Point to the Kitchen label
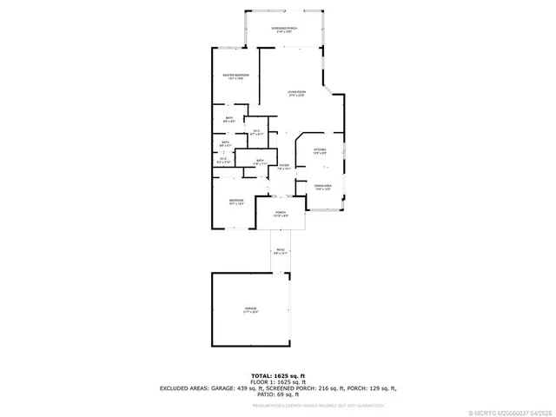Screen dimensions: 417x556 (319, 149)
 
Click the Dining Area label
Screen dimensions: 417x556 (322, 185)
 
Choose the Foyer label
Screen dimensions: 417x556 (283, 164)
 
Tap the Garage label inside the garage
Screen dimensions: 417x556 (251, 308)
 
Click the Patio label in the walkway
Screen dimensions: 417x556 (281, 249)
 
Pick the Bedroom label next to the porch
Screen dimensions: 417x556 (236, 201)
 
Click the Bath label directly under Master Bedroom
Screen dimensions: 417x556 (228, 118)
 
